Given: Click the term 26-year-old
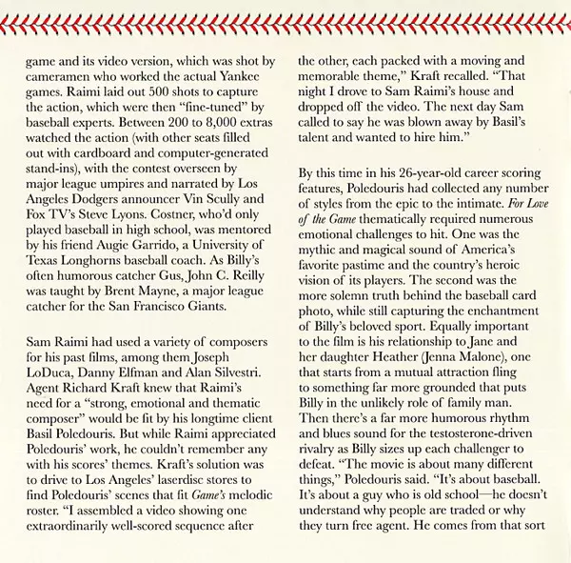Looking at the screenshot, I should [425, 174].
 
